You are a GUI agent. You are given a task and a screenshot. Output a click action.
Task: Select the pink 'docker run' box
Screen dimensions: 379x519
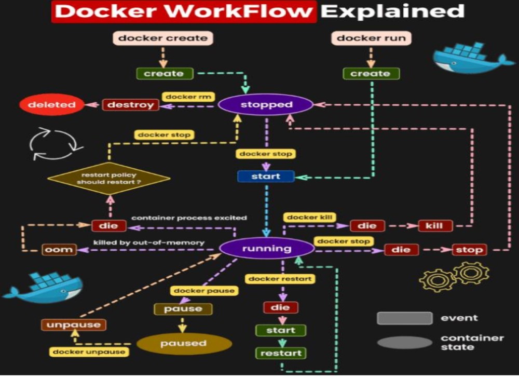coord(371,38)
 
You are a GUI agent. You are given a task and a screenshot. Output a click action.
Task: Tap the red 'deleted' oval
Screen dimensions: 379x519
coord(51,105)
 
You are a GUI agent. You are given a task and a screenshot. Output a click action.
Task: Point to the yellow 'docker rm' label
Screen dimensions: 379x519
coord(188,97)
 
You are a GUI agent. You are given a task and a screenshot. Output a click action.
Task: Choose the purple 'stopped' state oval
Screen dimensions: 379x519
coord(266,105)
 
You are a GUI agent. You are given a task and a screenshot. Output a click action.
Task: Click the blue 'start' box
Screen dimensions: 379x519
coord(266,177)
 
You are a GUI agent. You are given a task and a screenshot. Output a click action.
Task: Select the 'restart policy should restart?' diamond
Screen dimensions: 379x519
coord(108,179)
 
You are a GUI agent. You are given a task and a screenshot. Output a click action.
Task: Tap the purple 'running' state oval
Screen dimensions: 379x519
coord(266,248)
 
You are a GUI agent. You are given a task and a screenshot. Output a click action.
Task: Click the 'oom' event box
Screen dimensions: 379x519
coord(59,250)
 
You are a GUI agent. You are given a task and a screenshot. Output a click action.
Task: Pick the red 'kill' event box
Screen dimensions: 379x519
coord(435,226)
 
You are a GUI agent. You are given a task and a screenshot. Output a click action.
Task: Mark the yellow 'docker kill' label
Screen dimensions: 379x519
coord(310,217)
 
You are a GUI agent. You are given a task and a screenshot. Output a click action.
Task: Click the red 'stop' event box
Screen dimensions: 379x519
coord(469,250)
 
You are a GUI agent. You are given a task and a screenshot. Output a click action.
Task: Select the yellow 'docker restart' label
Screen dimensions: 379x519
coord(280,279)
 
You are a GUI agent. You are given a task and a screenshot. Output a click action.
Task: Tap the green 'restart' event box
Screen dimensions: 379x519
coord(281,354)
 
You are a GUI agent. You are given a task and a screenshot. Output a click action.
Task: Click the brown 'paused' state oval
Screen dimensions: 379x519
coord(184,343)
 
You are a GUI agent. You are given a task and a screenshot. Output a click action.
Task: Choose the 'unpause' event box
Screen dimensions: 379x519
coord(74,325)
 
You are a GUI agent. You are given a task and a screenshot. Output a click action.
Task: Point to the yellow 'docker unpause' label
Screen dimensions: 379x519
coord(90,352)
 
